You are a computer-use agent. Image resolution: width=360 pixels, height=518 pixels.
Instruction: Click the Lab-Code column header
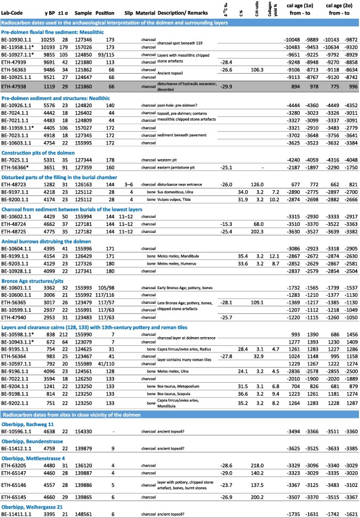pyautogui.click(x=13, y=12)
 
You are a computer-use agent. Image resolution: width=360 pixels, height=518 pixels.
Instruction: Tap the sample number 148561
pyautogui.click(x=83, y=511)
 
